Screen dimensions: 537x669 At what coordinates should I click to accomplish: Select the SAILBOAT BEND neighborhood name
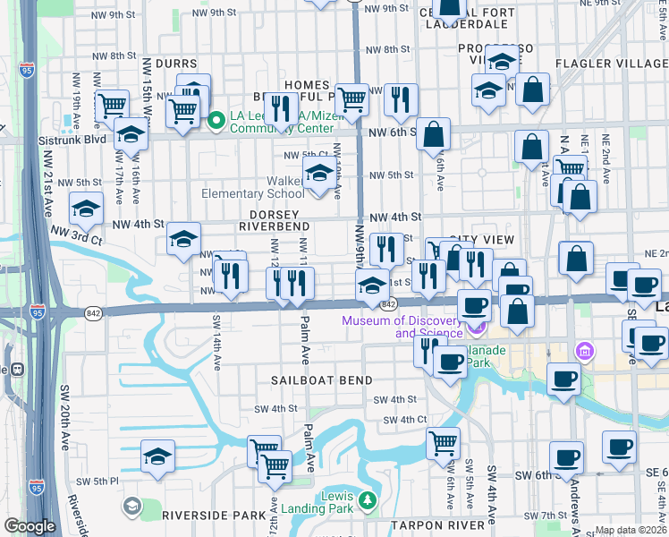click(322, 380)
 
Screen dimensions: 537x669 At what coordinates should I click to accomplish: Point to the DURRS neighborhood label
click(176, 64)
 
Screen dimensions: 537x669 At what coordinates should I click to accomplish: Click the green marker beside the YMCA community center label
click(216, 119)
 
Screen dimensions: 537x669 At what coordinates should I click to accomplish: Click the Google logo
click(30, 526)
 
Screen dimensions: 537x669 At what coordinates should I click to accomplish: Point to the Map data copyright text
click(631, 530)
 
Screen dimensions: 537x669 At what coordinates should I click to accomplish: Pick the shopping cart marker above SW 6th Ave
click(443, 441)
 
